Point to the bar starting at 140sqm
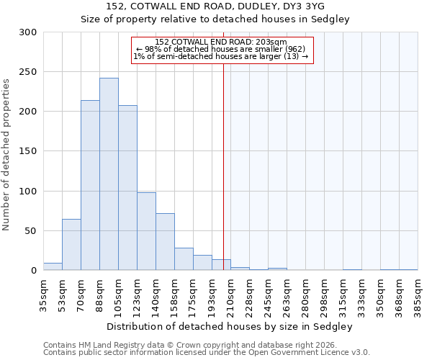coord(165,242)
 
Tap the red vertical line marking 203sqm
coord(223,166)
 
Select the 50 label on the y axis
coord(30,231)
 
